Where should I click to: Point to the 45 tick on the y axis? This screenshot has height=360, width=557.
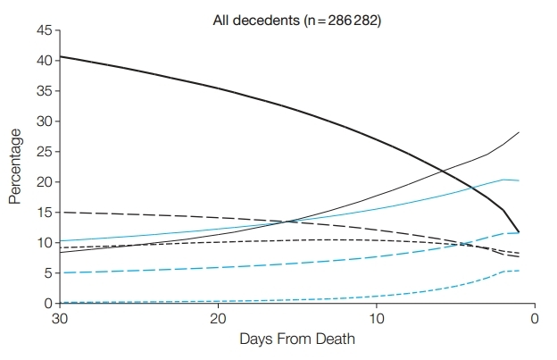[x=43, y=30]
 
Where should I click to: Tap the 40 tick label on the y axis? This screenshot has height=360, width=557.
[x=43, y=61]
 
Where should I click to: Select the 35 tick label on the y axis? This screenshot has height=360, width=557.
[x=43, y=91]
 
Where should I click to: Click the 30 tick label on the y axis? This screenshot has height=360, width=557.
[x=43, y=121]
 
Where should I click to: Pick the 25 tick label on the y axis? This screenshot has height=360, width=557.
[x=43, y=152]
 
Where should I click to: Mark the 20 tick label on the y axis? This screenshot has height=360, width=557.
[x=43, y=182]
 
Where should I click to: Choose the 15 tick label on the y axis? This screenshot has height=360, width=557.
[x=43, y=213]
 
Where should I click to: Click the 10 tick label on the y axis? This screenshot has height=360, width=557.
[x=43, y=243]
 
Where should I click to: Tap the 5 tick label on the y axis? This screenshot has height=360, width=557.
[x=46, y=273]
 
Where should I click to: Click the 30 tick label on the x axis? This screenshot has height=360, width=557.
[x=60, y=319]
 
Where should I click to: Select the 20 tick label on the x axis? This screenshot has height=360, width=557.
[x=218, y=319]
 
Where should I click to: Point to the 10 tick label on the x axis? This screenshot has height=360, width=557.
[x=376, y=319]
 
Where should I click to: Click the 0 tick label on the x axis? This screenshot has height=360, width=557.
[x=534, y=319]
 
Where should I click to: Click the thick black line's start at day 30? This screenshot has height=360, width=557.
[x=60, y=57]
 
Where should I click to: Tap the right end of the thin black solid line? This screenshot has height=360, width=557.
[x=519, y=132]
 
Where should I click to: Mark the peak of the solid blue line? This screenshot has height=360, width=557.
[x=504, y=180]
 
